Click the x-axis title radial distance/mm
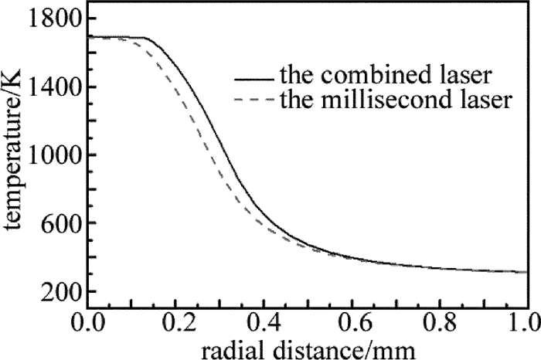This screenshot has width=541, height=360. pos(308,347)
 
